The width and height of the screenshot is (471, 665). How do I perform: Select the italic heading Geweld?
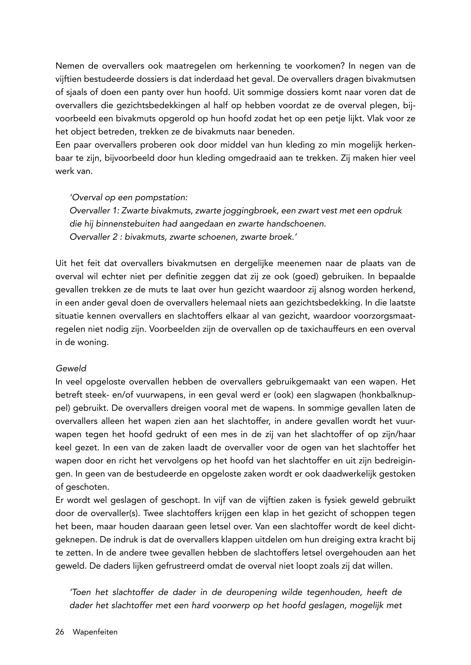point(71,369)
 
